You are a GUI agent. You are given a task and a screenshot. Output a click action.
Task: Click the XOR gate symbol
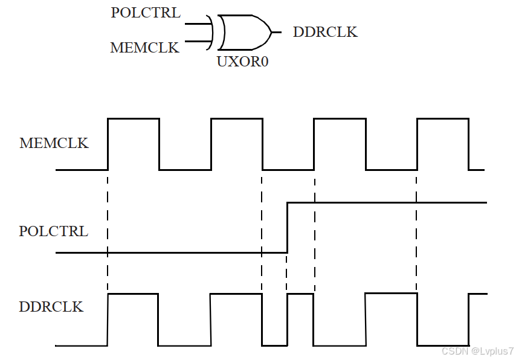coord(244,32)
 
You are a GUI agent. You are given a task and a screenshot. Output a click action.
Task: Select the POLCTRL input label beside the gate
coord(146,13)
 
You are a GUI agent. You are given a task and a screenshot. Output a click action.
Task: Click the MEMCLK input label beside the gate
coord(145,48)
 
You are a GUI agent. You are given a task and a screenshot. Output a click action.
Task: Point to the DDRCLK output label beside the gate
coord(325,32)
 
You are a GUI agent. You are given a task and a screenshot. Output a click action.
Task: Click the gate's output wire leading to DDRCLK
coord(277,32)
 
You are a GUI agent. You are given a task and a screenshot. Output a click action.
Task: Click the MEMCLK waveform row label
coord(54,143)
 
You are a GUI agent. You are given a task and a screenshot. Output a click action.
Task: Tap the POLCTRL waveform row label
coord(54,231)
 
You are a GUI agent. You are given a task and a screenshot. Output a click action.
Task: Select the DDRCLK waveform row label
coord(51,306)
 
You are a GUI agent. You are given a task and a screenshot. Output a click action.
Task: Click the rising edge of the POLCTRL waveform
coord(287,228)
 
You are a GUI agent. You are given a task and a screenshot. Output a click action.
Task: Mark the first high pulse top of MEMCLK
coord(133,118)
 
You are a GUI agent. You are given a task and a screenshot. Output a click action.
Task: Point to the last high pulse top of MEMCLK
coord(442,118)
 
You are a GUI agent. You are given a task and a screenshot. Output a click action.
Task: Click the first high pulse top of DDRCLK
coord(132,294)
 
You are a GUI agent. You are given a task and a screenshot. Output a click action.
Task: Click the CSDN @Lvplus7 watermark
coord(477,352)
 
